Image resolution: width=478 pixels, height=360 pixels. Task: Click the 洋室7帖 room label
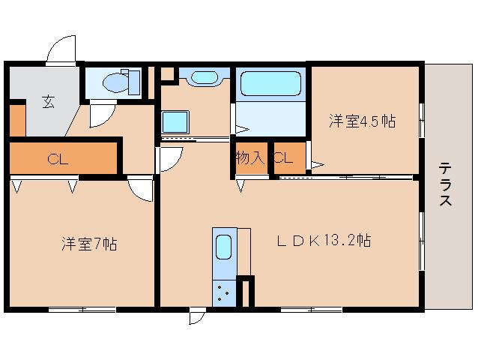tap(88, 243)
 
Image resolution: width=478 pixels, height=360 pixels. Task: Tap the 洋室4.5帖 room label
tap(363, 121)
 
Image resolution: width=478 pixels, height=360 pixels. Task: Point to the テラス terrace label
tap(445, 184)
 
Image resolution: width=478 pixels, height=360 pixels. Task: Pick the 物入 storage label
tap(249, 157)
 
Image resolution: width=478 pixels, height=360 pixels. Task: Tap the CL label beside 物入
tap(282, 157)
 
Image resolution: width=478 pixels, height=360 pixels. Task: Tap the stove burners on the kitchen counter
tap(223, 291)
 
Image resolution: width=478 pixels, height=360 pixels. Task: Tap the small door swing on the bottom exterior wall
tap(196, 317)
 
